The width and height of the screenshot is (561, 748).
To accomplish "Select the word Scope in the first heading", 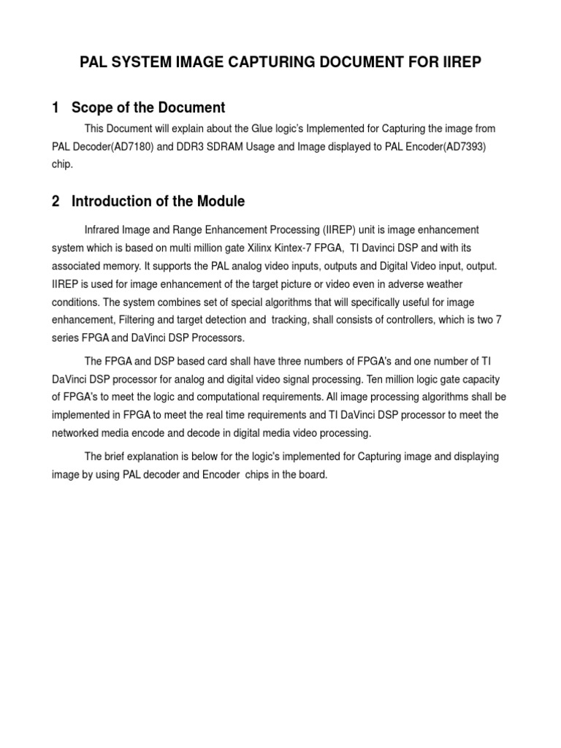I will point(94,108).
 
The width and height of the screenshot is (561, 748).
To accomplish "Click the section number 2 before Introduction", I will point(56,201).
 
